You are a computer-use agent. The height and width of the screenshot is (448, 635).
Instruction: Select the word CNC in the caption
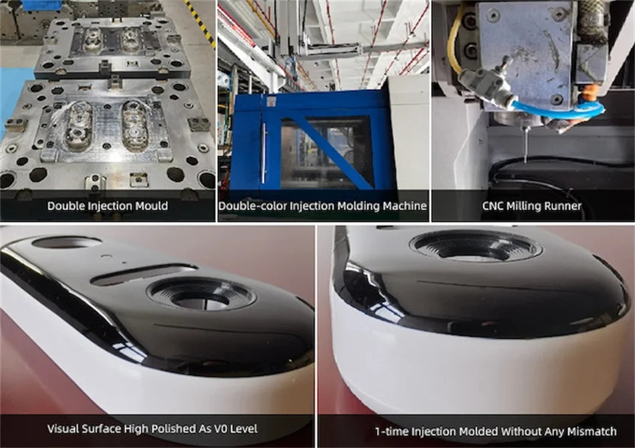pyautogui.click(x=493, y=206)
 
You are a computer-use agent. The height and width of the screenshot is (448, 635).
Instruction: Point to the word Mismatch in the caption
pyautogui.click(x=592, y=431)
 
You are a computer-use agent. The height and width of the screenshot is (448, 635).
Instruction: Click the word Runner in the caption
pyautogui.click(x=563, y=206)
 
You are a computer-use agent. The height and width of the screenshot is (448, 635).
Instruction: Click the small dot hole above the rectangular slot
pyautogui.click(x=106, y=255)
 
